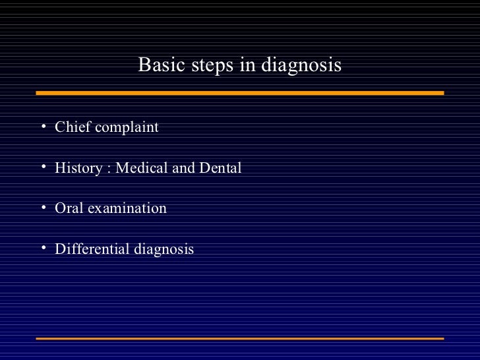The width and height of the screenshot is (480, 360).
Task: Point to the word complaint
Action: (127, 127)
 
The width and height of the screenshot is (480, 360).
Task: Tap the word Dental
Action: (220, 167)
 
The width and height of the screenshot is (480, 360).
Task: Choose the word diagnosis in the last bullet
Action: (164, 250)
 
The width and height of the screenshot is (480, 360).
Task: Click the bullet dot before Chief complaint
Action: (42, 125)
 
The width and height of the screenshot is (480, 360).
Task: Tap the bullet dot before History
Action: (42, 166)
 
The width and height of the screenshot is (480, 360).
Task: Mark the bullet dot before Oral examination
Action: (42, 207)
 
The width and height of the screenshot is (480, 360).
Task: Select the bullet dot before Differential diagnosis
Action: (42, 248)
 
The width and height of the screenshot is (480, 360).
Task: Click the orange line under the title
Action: (240, 93)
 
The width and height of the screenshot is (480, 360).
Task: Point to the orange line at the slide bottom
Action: (240, 338)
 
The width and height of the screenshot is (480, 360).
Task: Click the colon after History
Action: (109, 169)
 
